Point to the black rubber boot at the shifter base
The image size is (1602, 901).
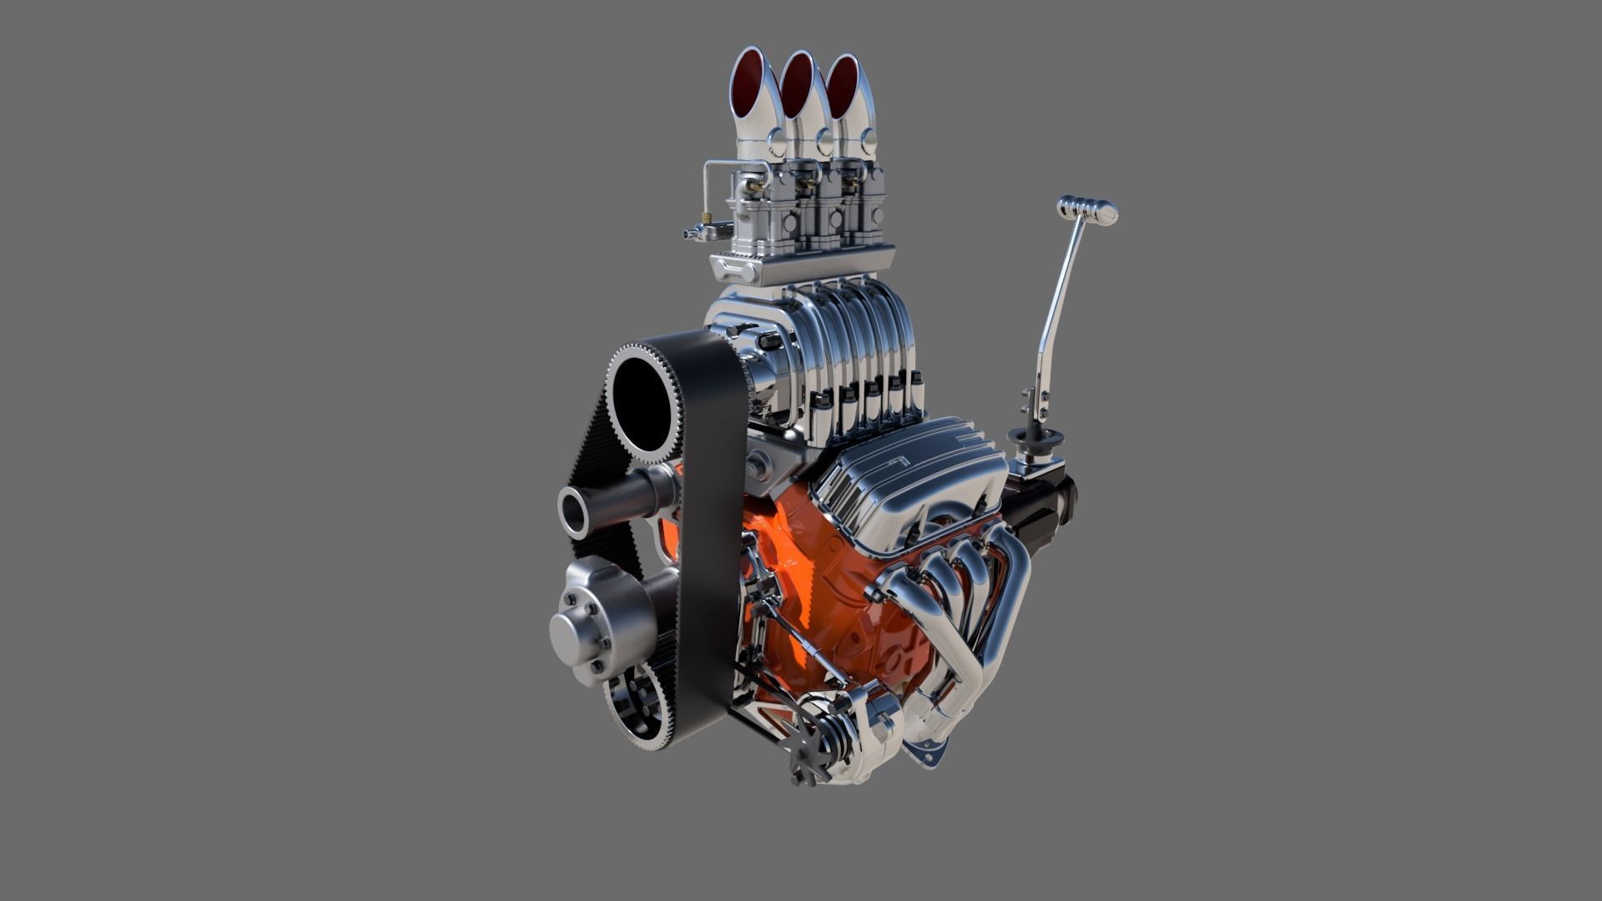tap(1035, 446)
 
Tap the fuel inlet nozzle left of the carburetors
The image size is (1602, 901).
tap(689, 235)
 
